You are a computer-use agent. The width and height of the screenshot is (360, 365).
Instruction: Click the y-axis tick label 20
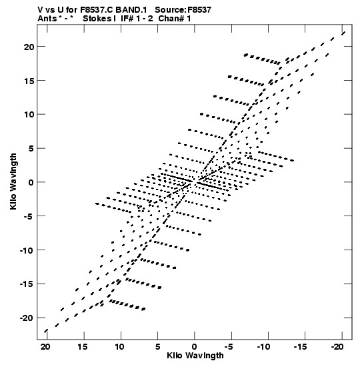(x=29, y=47)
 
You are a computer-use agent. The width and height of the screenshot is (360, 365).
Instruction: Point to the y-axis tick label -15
(x=27, y=284)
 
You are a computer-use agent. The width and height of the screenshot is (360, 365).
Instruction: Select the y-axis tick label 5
(x=31, y=149)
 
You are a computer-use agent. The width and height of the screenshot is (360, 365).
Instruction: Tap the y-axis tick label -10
(x=27, y=250)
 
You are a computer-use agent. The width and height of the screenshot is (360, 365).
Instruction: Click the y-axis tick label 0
(x=31, y=183)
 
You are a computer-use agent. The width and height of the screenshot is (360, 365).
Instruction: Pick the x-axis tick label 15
(x=82, y=347)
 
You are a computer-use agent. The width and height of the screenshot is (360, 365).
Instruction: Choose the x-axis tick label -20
(x=337, y=347)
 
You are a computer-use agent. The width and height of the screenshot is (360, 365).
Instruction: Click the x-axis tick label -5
(x=229, y=347)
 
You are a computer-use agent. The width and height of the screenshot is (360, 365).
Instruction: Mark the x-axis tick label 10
(x=119, y=347)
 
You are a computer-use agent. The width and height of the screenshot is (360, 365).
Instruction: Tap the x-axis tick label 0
(x=195, y=347)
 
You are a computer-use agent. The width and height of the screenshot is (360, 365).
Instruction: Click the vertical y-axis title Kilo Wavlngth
(x=13, y=181)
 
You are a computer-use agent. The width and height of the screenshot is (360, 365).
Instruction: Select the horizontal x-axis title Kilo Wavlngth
(x=195, y=356)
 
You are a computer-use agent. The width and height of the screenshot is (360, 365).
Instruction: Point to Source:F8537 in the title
(x=183, y=10)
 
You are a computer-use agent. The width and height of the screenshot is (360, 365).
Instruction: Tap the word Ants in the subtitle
(x=47, y=19)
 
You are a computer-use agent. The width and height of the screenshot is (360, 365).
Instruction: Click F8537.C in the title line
(x=97, y=10)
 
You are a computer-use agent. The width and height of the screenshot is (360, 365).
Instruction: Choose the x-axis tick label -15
(x=300, y=347)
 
